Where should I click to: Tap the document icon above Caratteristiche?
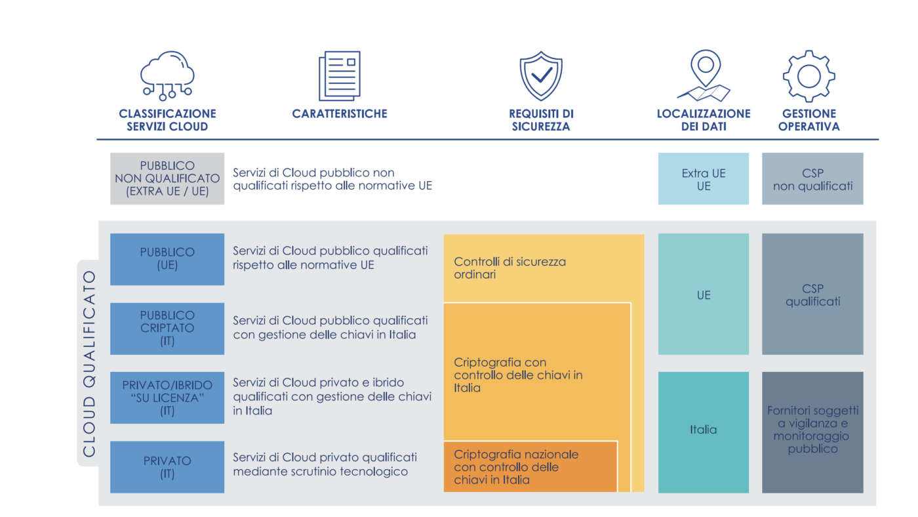339,75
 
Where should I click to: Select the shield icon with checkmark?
541,75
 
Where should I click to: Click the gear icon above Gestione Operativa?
808,75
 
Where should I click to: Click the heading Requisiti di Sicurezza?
541,120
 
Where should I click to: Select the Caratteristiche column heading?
339,114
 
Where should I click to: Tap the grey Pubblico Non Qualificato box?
167,178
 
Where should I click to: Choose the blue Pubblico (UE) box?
167,259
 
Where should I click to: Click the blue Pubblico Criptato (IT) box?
167,328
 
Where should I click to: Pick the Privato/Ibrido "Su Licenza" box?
167,398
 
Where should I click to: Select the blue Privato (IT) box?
167,466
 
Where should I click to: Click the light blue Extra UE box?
704,178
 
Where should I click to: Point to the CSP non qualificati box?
812,178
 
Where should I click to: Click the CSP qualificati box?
812,294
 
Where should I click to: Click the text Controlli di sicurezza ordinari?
509,268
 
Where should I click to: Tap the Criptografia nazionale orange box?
530,466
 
